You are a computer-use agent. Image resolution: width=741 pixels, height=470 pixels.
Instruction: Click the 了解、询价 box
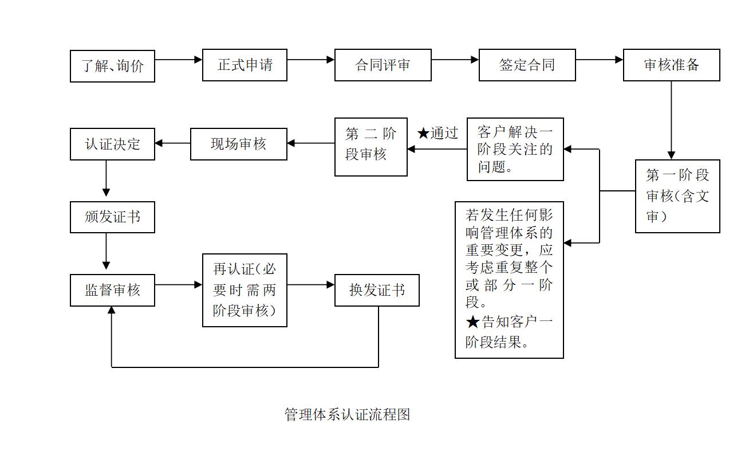(x=112, y=66)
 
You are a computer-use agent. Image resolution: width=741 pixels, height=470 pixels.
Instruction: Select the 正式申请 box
(x=245, y=65)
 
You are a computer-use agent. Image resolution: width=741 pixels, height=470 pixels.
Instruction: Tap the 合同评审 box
(x=383, y=65)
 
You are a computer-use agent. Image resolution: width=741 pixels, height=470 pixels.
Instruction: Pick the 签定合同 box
(x=527, y=65)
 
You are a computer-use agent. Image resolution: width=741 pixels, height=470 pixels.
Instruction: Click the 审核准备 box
(x=671, y=65)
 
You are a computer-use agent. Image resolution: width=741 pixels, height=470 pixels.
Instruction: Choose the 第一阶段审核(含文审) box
(x=677, y=196)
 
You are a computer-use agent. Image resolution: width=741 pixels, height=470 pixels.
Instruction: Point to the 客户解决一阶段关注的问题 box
(x=515, y=149)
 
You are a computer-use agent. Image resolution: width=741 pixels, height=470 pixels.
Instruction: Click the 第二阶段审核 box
(x=370, y=147)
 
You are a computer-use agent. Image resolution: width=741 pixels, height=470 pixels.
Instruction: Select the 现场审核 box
(x=238, y=144)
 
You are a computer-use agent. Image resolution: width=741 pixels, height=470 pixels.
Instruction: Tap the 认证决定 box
(x=112, y=144)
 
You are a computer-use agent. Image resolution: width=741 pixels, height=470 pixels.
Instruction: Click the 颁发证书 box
(x=112, y=217)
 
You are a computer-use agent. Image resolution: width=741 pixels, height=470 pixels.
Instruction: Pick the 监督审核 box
(x=112, y=290)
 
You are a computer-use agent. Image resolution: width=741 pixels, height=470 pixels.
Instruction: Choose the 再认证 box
(x=245, y=290)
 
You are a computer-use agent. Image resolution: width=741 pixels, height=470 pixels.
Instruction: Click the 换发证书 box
(x=377, y=290)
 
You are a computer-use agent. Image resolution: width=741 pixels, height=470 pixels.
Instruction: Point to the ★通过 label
(x=438, y=134)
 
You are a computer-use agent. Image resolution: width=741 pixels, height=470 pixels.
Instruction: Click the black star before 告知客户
(x=472, y=322)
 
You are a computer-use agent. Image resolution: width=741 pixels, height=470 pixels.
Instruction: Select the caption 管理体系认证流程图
(x=348, y=414)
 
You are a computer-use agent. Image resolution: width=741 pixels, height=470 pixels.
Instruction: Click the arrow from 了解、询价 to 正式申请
(x=178, y=59)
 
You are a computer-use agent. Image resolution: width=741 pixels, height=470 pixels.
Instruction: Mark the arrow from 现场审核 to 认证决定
(x=172, y=143)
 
